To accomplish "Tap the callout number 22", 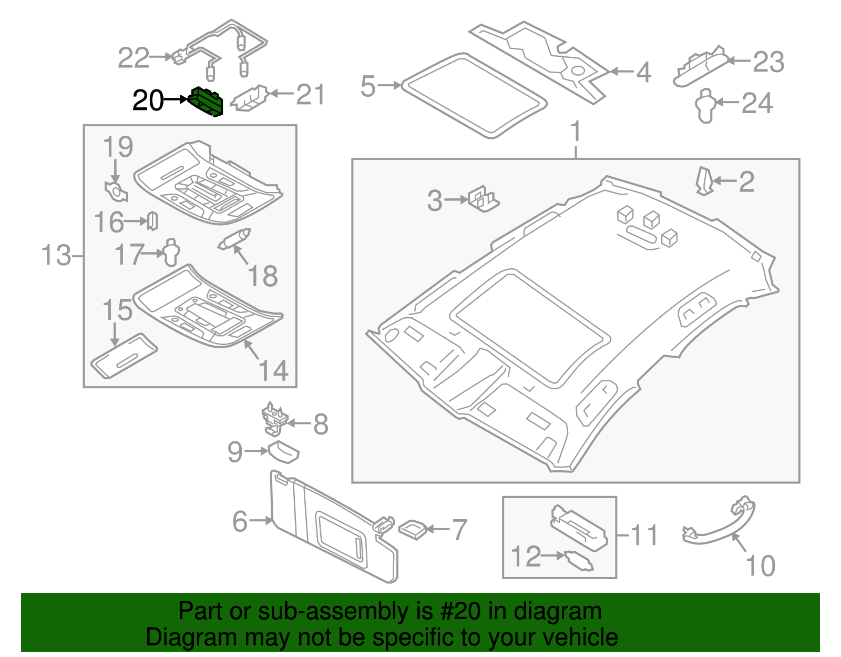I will point(134,58).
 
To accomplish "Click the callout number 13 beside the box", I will point(56,256).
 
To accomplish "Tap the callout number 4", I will point(643,72).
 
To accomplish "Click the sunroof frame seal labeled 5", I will point(473,95).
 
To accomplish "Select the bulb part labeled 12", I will point(579,560).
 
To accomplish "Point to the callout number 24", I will point(757,103).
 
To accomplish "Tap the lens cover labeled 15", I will point(124,356).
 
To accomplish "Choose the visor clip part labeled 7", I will point(413,529).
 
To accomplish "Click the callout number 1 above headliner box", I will point(576,132).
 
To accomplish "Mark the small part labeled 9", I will point(284,452).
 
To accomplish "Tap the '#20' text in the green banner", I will point(457,611).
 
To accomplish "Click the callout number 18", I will point(262,276).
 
